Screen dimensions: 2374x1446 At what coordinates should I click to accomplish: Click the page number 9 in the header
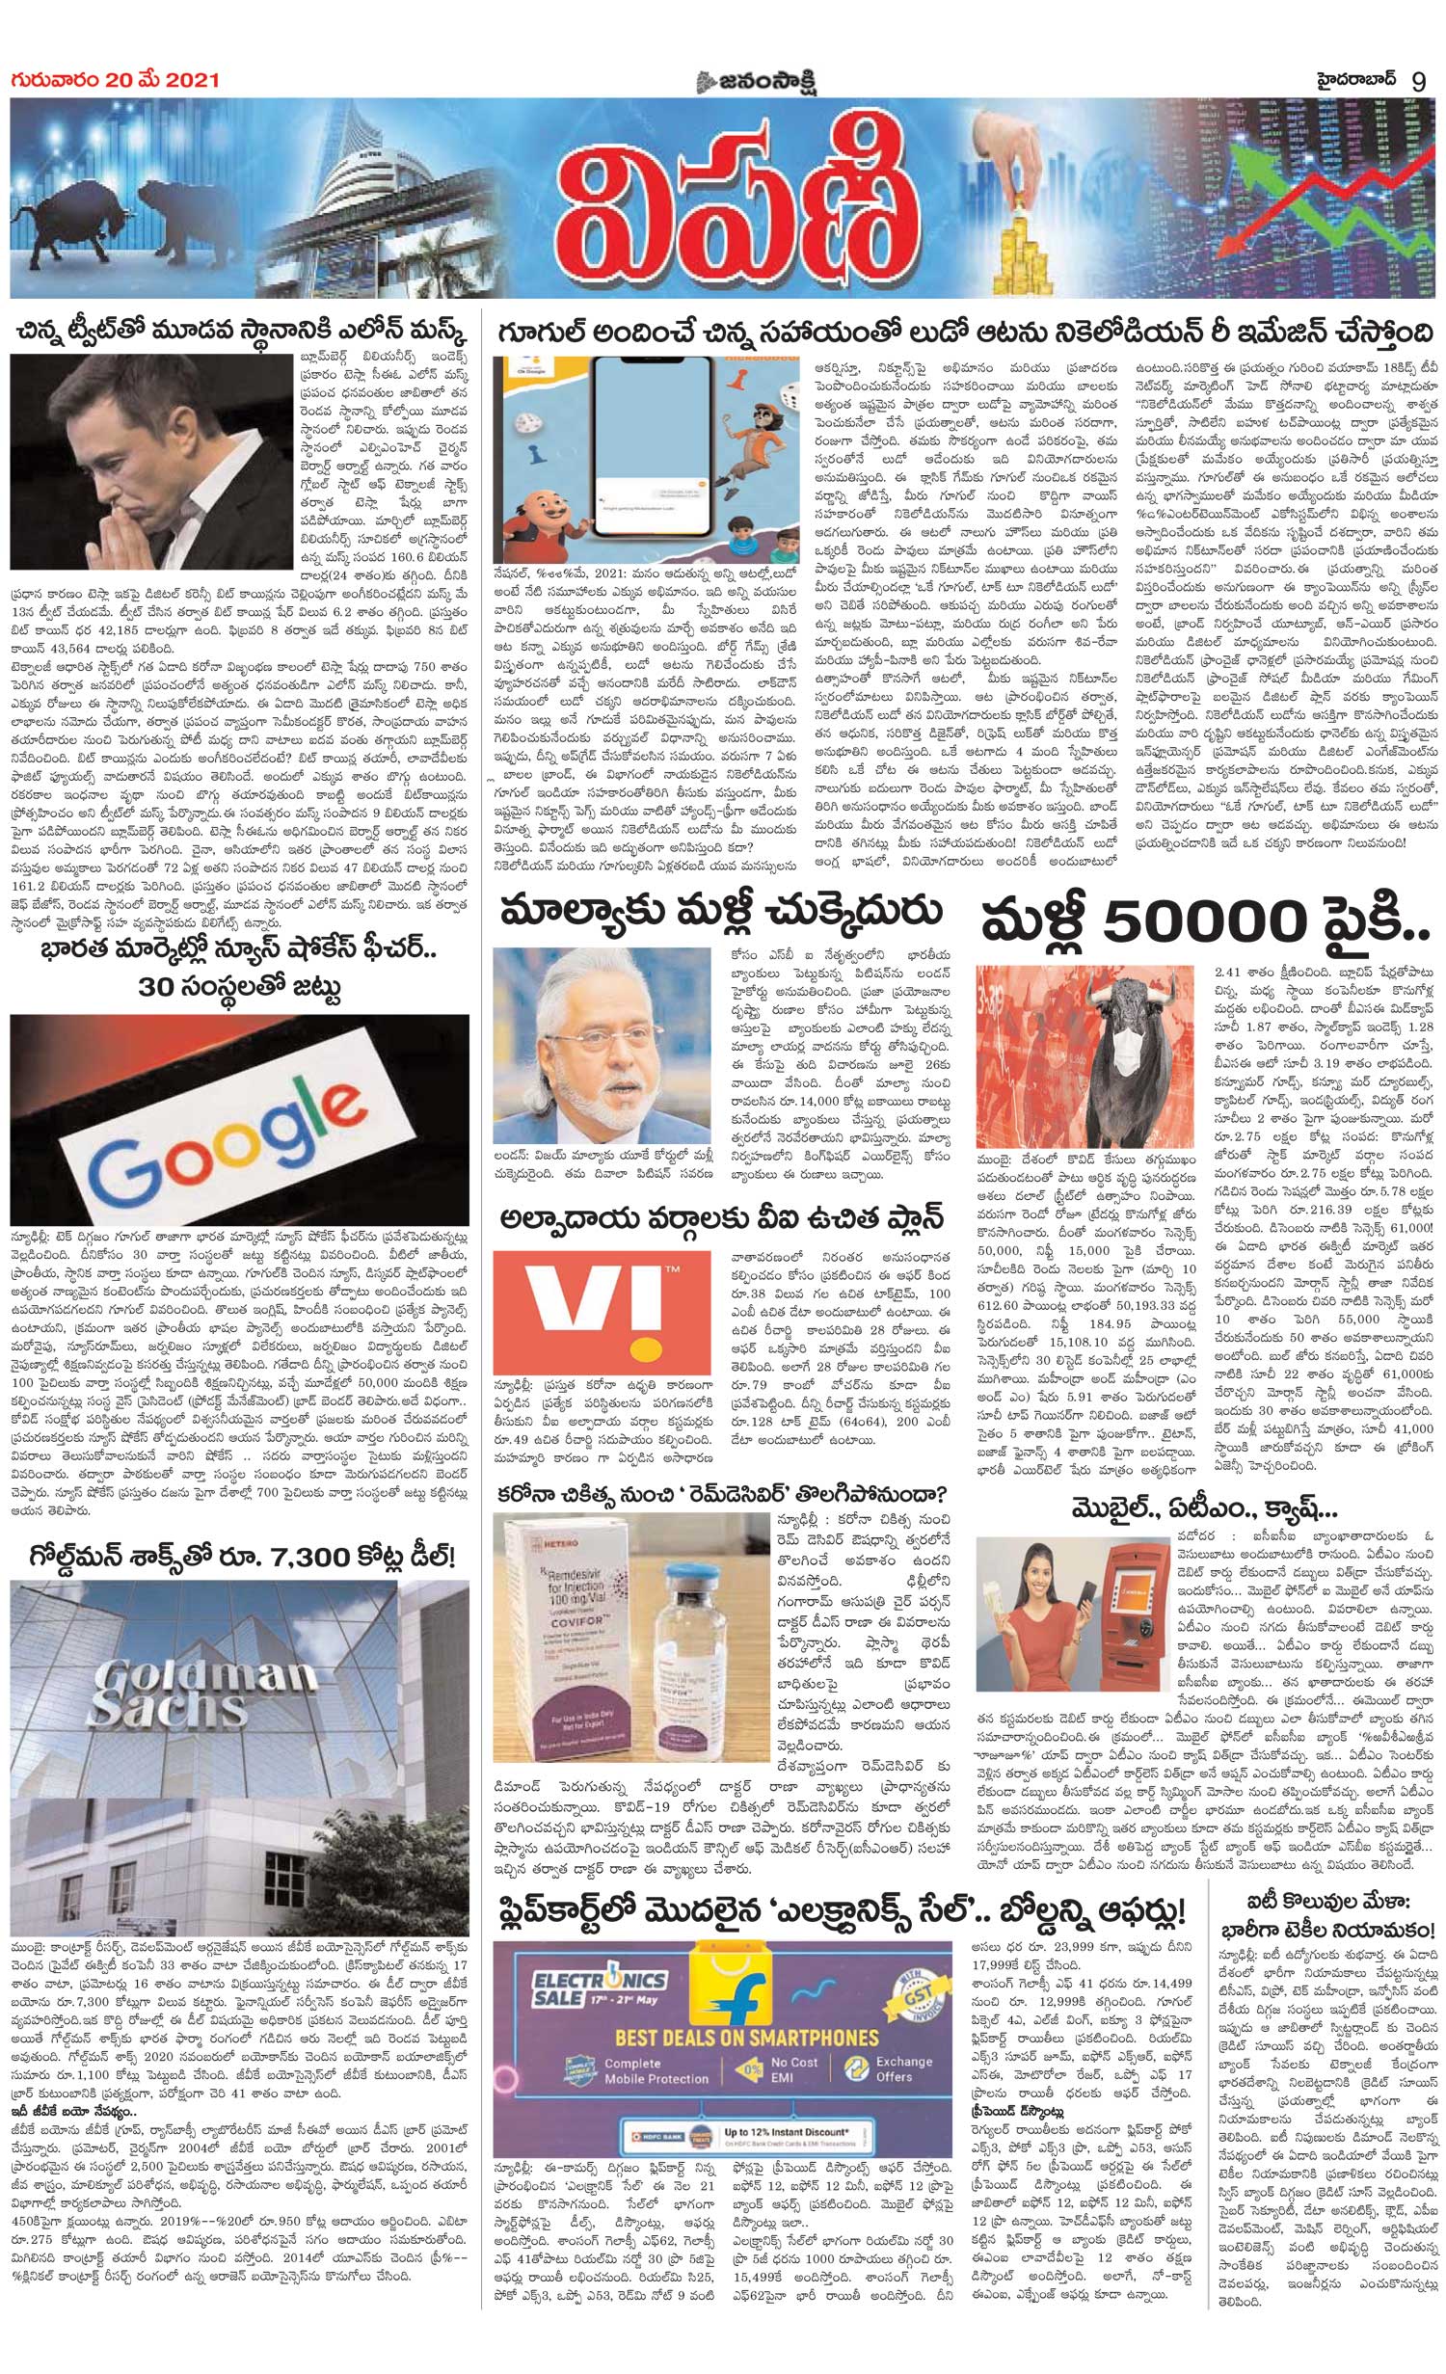1418,80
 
